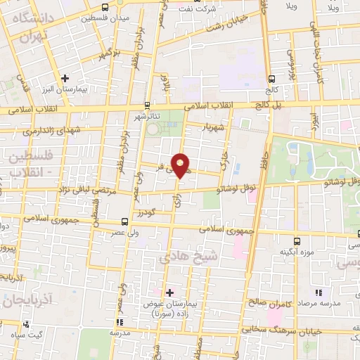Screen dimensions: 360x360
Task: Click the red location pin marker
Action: (181, 165)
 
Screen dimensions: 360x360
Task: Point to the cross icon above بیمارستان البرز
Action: (65, 78)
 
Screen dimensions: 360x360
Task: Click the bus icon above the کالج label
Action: (271, 79)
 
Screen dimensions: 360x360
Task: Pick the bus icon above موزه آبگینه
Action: (296, 240)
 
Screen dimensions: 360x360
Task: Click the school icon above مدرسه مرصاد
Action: (319, 292)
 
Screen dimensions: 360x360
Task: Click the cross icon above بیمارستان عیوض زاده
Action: (169, 291)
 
